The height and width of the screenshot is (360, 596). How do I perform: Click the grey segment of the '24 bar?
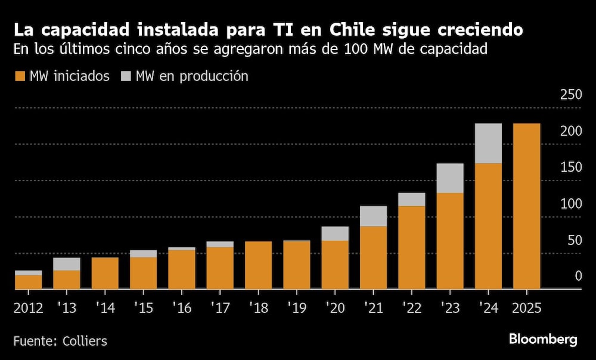click(x=488, y=143)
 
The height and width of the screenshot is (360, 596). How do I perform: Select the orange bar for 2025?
click(x=526, y=206)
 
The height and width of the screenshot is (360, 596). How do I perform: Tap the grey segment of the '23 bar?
click(x=450, y=178)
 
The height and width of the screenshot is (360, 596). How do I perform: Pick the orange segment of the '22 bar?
click(x=411, y=247)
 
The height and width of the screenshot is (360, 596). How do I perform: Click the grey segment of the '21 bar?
click(x=373, y=216)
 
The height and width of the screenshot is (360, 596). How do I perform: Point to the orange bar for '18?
click(x=258, y=265)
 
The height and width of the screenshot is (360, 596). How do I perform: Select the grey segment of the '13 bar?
click(x=66, y=264)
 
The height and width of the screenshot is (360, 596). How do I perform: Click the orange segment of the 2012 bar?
click(x=28, y=282)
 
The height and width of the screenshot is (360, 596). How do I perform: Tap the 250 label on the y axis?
click(x=571, y=94)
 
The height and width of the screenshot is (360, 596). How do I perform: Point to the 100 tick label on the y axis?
click(x=571, y=203)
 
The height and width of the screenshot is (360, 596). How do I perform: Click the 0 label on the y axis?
click(x=578, y=276)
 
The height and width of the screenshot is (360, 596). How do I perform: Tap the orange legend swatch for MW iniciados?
click(x=20, y=76)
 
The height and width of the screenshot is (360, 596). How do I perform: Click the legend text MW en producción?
click(x=192, y=76)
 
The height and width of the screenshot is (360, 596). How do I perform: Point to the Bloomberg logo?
click(x=543, y=340)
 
